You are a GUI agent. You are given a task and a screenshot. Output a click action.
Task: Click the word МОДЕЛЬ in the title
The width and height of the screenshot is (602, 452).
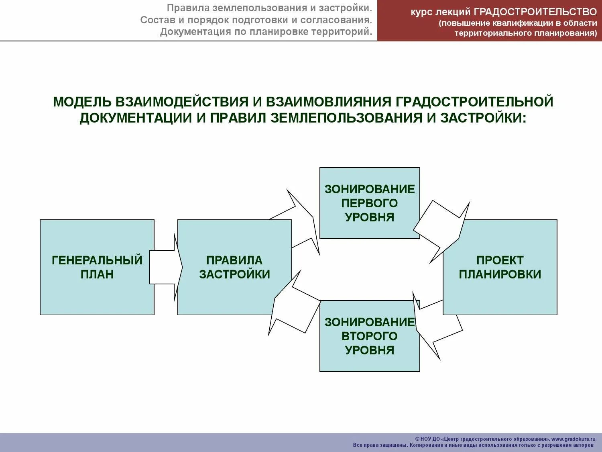82,102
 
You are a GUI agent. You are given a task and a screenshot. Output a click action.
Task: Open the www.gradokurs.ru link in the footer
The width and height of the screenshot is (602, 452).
574,439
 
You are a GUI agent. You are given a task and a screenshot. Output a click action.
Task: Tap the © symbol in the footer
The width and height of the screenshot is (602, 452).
417,439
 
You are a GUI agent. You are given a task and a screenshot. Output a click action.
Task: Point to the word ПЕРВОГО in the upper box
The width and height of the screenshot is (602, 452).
369,203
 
